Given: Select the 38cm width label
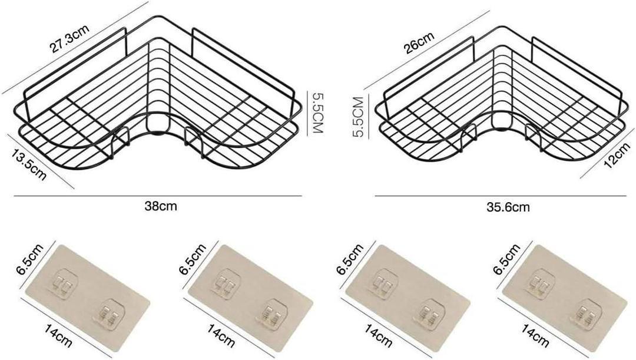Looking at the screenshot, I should click(x=161, y=206).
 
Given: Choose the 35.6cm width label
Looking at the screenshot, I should click(x=508, y=207).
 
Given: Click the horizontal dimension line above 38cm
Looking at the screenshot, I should click(x=158, y=196).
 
